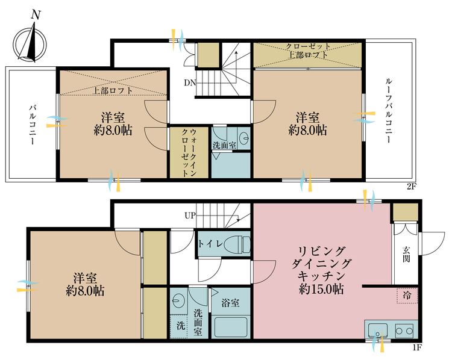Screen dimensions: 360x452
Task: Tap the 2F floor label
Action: tap(411, 187)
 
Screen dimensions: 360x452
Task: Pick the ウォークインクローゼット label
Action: tap(189, 152)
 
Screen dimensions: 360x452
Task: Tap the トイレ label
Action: tap(215, 244)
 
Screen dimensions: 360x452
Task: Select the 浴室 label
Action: tap(231, 303)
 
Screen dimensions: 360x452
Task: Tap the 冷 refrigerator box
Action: tap(407, 297)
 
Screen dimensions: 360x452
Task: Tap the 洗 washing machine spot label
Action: tap(180, 326)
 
